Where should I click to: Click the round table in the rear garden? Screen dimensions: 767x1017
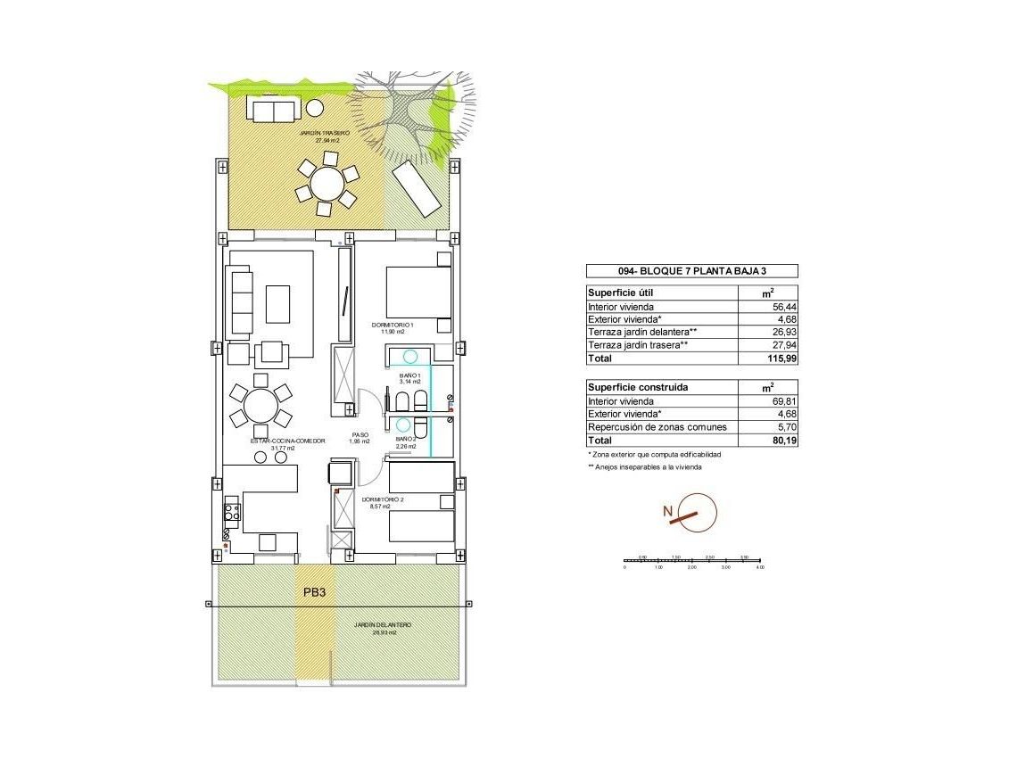coord(327,185)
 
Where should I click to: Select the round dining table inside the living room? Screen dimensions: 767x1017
coord(260,406)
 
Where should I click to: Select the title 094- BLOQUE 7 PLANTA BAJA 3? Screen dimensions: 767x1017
coord(691,272)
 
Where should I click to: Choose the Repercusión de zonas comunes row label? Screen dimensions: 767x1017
coord(657,427)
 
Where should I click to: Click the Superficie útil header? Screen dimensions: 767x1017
coord(625,293)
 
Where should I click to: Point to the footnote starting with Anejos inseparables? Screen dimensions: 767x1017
coord(645,466)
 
